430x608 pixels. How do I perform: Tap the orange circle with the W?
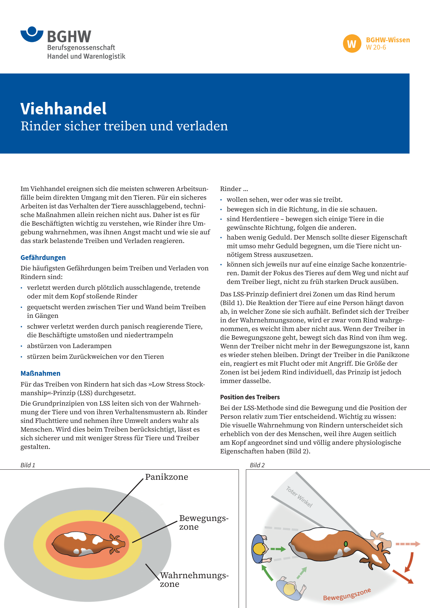[352, 44]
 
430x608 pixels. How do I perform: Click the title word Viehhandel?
[63, 109]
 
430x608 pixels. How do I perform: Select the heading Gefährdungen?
[43, 258]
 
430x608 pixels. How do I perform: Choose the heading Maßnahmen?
[40, 373]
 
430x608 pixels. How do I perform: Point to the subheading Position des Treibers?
[250, 397]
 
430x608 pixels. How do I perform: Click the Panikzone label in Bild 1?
[166, 477]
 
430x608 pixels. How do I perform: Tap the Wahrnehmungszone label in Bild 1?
[194, 580]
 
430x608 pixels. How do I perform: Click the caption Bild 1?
[28, 465]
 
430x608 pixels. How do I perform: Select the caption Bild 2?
[257, 465]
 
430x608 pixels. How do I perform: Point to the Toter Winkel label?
[299, 497]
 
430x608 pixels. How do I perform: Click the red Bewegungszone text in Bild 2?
[347, 594]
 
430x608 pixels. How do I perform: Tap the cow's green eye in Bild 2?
[346, 544]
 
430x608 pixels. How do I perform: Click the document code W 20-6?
[376, 47]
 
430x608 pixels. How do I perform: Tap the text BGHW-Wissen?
[388, 40]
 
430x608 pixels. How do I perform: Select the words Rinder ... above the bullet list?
[234, 189]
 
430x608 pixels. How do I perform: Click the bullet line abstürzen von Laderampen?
[69, 346]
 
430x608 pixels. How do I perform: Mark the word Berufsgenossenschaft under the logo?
[81, 48]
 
